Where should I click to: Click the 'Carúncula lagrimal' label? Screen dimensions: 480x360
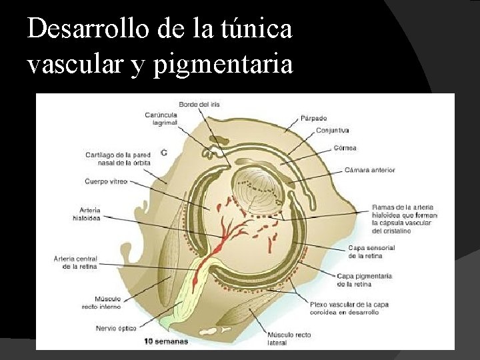pyautogui.click(x=160, y=119)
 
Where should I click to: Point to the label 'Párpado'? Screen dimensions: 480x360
pyautogui.click(x=313, y=119)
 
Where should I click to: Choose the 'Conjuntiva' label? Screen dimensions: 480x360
pyautogui.click(x=333, y=131)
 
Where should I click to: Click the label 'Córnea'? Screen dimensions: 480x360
pyautogui.click(x=345, y=147)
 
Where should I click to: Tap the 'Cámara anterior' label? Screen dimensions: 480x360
pyautogui.click(x=369, y=170)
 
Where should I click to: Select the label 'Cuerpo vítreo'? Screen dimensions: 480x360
pyautogui.click(x=106, y=181)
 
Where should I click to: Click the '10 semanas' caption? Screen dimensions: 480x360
pyautogui.click(x=167, y=341)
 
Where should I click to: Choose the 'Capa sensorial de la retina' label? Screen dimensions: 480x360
pyautogui.click(x=371, y=251)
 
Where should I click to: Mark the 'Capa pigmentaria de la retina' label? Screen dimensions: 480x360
pyautogui.click(x=364, y=279)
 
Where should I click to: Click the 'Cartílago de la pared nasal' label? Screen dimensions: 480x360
pyautogui.click(x=118, y=158)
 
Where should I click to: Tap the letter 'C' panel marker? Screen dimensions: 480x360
pyautogui.click(x=164, y=153)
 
